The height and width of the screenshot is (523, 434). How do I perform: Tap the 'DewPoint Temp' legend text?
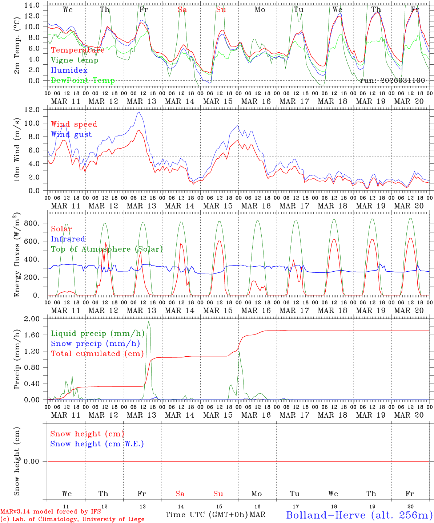point(83,81)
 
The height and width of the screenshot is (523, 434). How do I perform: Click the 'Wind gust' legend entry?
point(71,134)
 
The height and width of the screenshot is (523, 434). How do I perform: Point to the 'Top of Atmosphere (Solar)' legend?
point(107,249)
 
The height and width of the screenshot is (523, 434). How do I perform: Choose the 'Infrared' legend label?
point(68,239)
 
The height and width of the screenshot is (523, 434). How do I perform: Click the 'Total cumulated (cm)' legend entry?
point(97,354)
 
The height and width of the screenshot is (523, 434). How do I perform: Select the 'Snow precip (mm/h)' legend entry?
point(95,344)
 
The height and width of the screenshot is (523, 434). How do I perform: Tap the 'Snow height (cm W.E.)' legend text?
point(97,444)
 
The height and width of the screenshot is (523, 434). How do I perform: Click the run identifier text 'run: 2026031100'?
point(392,81)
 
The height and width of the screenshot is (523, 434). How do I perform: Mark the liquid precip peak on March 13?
point(148,321)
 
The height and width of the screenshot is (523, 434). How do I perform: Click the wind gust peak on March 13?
point(138,112)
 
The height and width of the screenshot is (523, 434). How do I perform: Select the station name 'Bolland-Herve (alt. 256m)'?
point(359,515)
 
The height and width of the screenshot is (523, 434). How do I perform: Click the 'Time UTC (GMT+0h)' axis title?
point(207,515)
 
